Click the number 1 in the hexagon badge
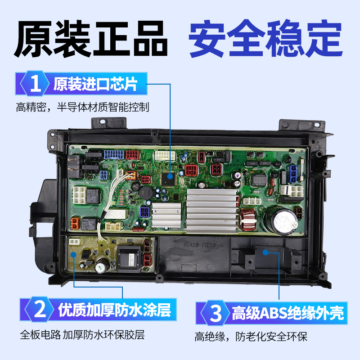click(35, 85)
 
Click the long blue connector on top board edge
click(112, 155)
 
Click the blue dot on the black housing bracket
click(265, 253)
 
